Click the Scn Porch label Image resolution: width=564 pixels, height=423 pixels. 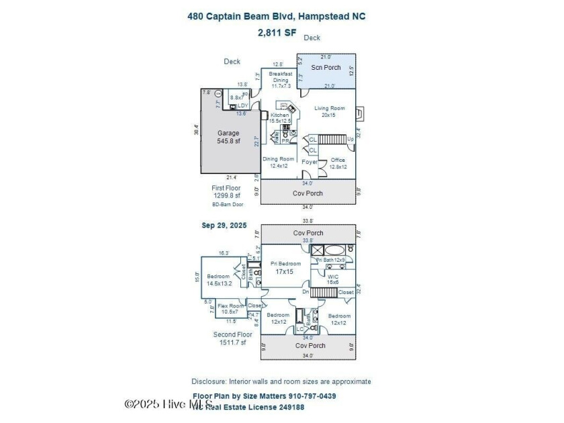[x=326, y=67]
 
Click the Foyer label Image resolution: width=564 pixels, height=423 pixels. [x=309, y=162]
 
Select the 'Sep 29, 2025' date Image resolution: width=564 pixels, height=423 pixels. [x=224, y=226]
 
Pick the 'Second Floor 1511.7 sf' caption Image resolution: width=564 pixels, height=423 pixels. [x=233, y=338]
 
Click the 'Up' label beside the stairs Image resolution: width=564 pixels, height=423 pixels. [x=350, y=139]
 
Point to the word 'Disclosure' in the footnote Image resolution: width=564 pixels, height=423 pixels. [x=209, y=381]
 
